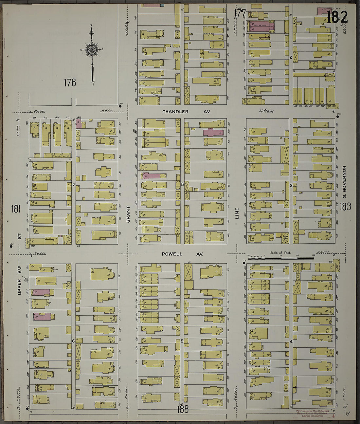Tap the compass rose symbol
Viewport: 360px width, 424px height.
point(92,50)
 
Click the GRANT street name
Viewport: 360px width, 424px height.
point(128,214)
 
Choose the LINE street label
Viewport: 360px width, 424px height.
point(237,213)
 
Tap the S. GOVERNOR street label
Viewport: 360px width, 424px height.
point(344,182)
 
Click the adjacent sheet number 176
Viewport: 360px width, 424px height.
point(70,83)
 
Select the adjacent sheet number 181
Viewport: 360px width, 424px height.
point(16,209)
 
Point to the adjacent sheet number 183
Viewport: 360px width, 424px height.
point(345,207)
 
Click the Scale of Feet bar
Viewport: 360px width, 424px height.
point(280,258)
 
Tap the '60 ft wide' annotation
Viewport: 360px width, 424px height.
point(266,111)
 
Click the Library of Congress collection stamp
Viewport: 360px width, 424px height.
point(313,414)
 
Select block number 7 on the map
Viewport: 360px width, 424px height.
point(74,185)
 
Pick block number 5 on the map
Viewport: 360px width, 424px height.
point(182,341)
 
